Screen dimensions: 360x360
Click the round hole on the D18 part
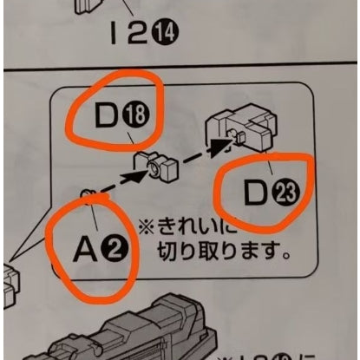[x=154, y=167]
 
